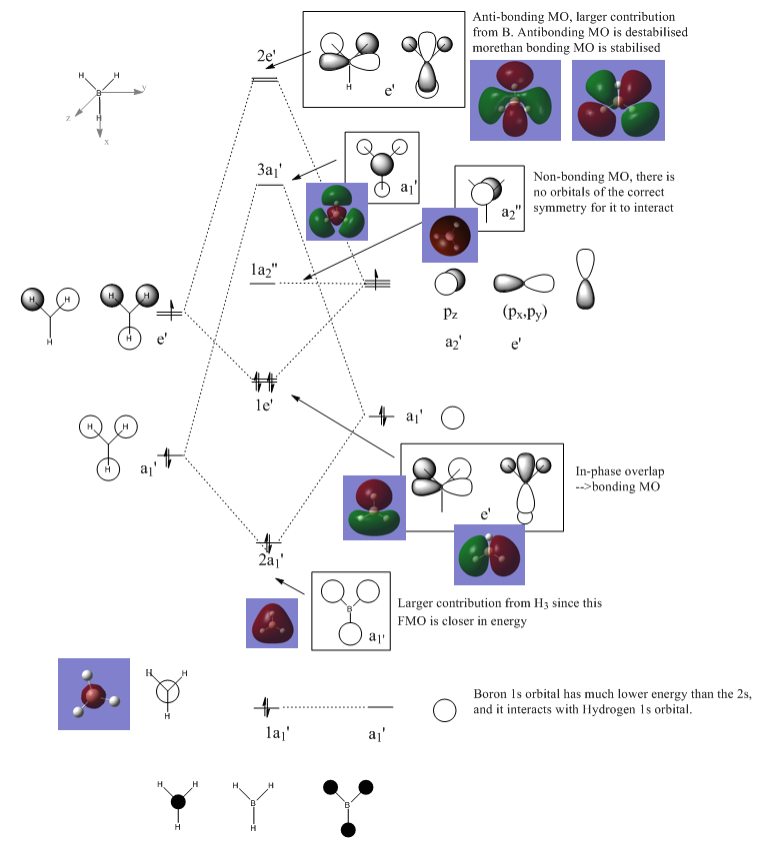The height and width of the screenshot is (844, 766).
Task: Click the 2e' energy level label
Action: click(x=266, y=56)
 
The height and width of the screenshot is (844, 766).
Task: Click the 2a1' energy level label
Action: click(x=271, y=559)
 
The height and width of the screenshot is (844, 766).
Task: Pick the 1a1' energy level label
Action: click(x=270, y=731)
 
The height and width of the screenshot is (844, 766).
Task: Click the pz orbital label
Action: click(x=447, y=314)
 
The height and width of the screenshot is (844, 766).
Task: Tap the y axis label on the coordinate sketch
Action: click(x=144, y=88)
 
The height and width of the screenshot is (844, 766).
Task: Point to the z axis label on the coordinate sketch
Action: click(x=68, y=118)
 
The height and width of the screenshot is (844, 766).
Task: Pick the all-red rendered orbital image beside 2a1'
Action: click(x=272, y=622)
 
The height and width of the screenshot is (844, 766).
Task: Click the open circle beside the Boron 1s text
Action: click(x=444, y=710)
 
